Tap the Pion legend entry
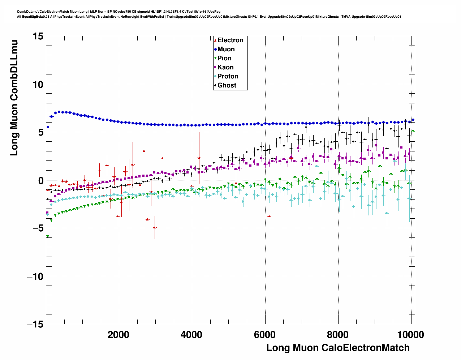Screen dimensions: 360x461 [224, 58]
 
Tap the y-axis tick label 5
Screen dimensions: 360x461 [41, 132]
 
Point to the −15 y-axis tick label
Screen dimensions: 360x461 [35, 324]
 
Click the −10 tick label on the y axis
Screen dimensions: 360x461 [35, 276]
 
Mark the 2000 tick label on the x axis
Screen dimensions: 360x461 [119, 334]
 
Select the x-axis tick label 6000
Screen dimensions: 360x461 [265, 334]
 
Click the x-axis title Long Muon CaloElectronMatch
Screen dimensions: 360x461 [338, 348]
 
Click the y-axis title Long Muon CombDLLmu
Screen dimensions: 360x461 [14, 98]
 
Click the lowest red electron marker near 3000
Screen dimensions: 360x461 [155, 228]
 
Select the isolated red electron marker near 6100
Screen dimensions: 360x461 [269, 216]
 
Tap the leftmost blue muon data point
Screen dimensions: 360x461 [48, 127]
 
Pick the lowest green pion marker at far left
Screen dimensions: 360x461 [48, 237]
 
